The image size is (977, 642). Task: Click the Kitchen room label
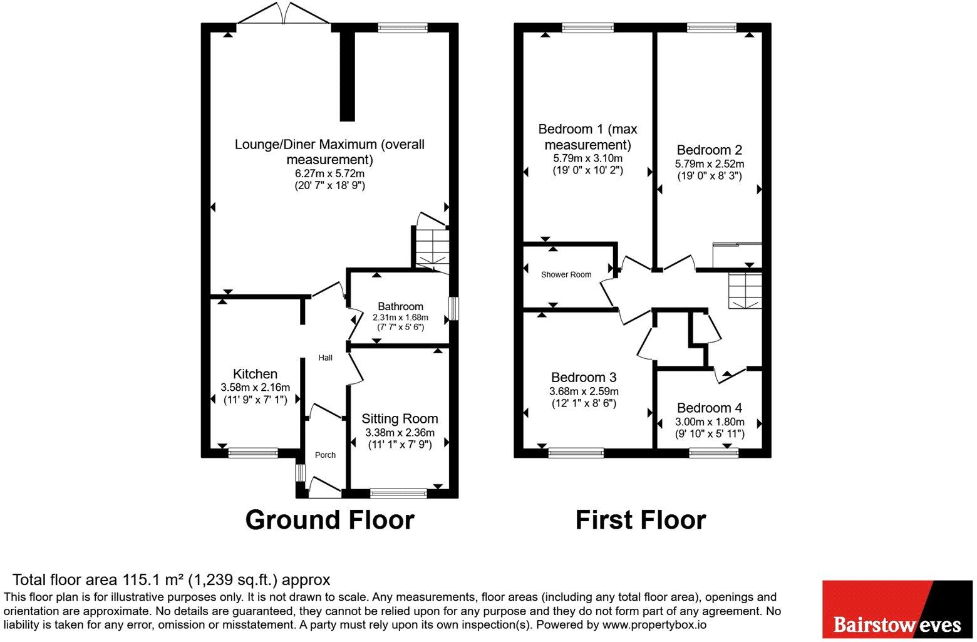point(255,374)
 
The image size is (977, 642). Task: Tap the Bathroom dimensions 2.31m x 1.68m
point(400,318)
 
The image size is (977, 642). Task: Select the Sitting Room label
point(400,418)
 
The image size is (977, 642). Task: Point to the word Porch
point(326,455)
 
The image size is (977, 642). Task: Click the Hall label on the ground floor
point(326,358)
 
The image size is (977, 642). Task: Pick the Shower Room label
point(566,274)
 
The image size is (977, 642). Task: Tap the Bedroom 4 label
point(709,408)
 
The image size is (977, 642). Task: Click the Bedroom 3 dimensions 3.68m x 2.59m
point(584,391)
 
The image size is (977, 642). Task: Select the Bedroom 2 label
point(709,150)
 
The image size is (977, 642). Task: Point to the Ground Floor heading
point(329,520)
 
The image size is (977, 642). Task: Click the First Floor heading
point(641,520)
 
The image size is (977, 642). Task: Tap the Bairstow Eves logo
point(897,609)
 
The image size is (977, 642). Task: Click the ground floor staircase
point(432,244)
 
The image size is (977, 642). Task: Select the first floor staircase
point(745,291)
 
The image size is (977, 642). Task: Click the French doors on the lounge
point(284,14)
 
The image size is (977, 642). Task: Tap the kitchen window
point(253,453)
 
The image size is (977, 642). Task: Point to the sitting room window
point(398,494)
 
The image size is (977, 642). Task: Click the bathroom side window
point(453,308)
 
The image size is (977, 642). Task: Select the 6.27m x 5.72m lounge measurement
point(329,173)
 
